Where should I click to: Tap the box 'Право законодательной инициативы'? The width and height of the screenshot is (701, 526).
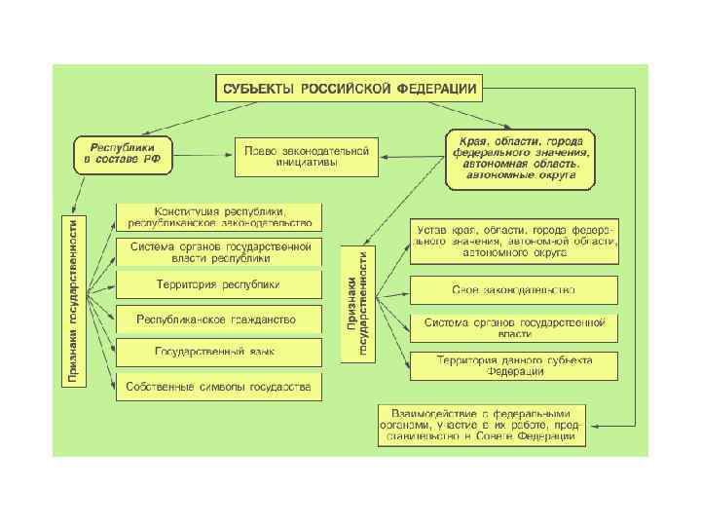pyautogui.click(x=305, y=156)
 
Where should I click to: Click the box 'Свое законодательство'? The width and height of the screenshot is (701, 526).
pyautogui.click(x=513, y=289)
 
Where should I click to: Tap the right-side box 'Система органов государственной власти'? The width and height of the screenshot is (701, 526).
pyautogui.click(x=513, y=327)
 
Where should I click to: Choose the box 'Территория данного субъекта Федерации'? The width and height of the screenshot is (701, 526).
pyautogui.click(x=513, y=365)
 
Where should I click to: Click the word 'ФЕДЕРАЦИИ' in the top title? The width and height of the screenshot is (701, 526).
pyautogui.click(x=435, y=89)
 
